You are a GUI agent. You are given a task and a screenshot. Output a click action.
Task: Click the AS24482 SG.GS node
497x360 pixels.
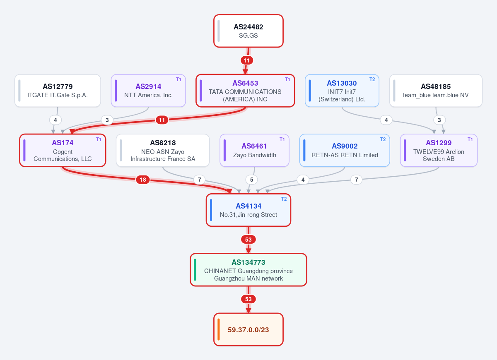click(x=248, y=31)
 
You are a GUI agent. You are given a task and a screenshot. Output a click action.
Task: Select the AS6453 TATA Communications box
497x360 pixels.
click(x=245, y=91)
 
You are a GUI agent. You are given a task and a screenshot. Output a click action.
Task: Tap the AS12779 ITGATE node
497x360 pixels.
click(x=58, y=91)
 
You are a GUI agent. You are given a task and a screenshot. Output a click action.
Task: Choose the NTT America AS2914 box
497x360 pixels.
click(x=148, y=91)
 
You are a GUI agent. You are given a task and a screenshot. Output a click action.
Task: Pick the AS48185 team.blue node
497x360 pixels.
click(x=436, y=91)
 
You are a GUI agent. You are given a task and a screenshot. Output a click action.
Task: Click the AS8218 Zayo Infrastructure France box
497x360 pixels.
click(x=163, y=150)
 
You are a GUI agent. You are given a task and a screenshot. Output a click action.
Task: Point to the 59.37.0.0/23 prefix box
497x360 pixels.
click(x=248, y=329)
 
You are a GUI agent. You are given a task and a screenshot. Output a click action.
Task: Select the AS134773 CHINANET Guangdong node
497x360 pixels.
click(x=248, y=270)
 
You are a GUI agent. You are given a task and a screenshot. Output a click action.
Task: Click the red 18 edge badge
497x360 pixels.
click(x=143, y=180)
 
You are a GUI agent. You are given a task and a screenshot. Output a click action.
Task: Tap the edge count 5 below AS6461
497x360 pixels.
click(x=252, y=180)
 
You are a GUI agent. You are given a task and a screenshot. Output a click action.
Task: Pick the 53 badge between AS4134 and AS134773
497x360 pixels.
click(x=248, y=240)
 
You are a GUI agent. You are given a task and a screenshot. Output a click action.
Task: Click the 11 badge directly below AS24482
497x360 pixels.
click(x=247, y=60)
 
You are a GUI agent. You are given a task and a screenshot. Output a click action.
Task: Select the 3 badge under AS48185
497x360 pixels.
click(x=439, y=120)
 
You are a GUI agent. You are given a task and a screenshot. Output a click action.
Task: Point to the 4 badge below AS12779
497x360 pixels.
click(x=55, y=120)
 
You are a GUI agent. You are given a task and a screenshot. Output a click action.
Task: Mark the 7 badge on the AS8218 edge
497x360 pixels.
click(x=200, y=180)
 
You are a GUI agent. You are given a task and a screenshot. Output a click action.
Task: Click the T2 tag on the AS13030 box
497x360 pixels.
click(x=372, y=79)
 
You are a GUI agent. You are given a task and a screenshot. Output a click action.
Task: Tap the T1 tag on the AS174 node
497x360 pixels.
click(x=99, y=139)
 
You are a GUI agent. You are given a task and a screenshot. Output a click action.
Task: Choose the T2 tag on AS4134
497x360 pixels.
click(x=284, y=199)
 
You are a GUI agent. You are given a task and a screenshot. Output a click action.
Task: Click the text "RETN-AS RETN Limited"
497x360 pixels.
click(x=345, y=155)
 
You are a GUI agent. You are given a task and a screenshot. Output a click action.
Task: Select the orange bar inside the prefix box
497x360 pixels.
click(x=219, y=329)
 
